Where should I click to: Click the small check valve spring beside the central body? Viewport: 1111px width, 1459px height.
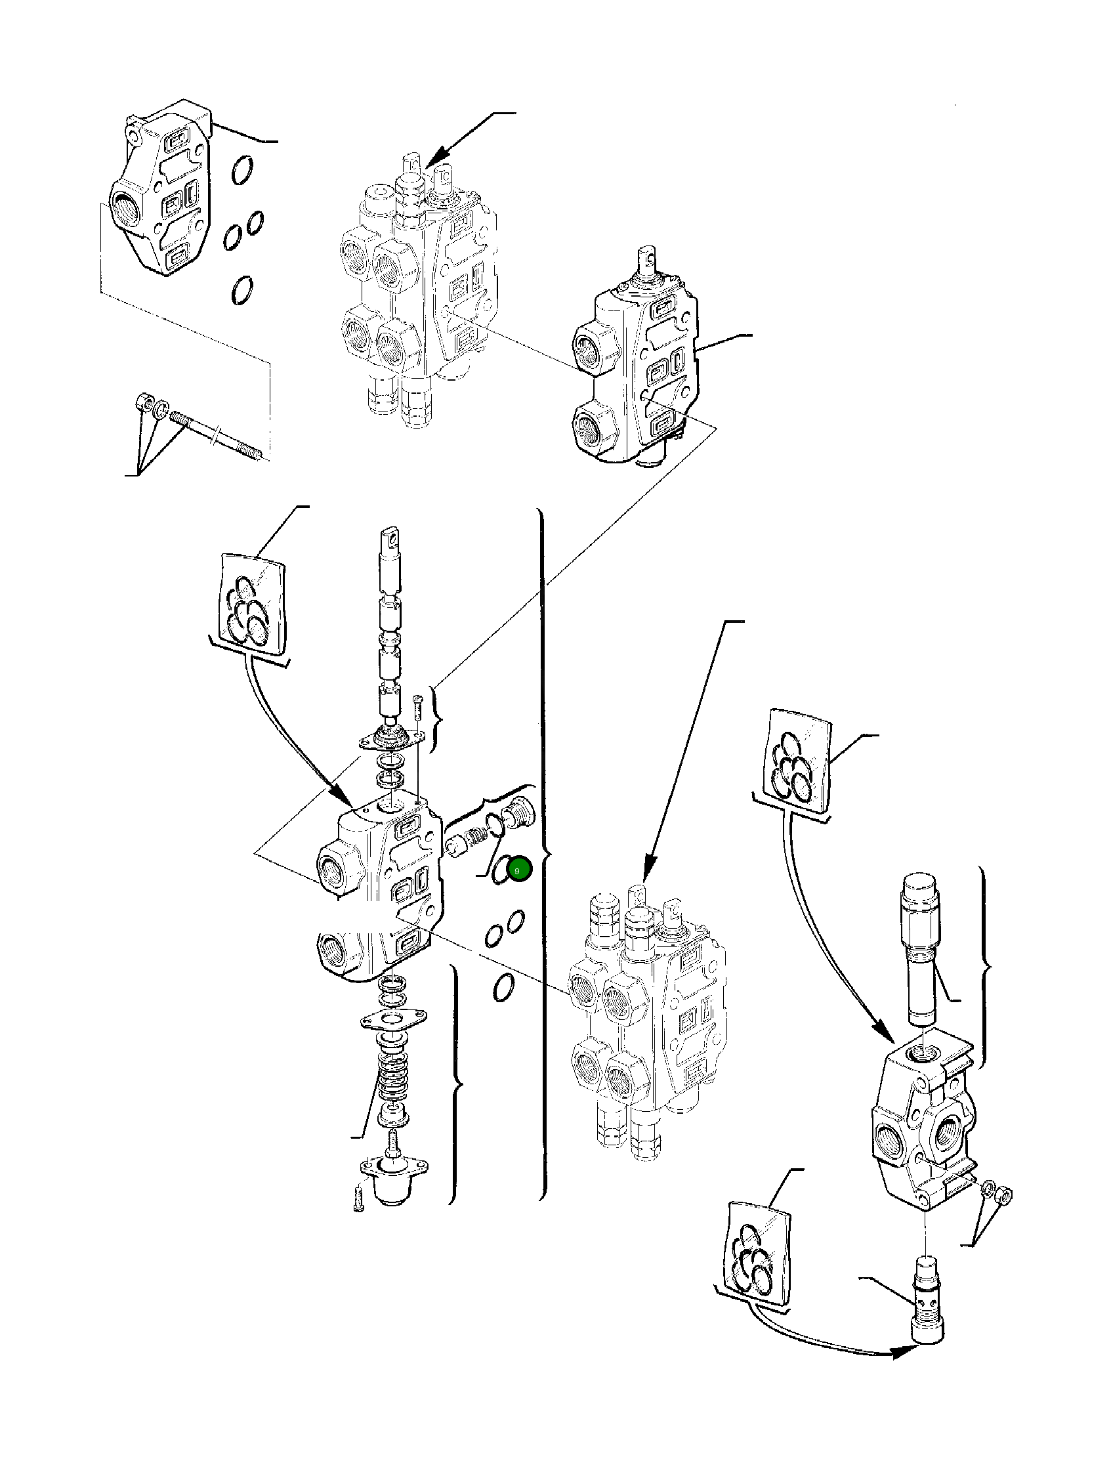click(x=477, y=837)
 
